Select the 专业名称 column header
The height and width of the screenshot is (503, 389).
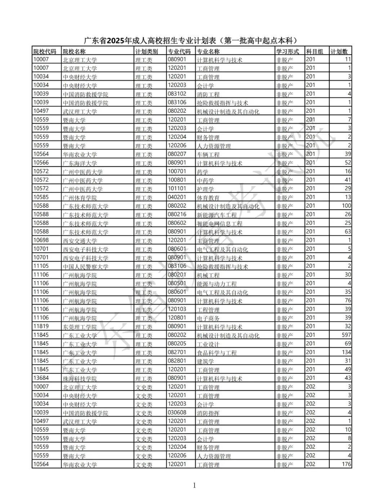[208, 51]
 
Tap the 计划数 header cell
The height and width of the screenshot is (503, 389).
[339, 51]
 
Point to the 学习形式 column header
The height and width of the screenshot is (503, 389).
[287, 51]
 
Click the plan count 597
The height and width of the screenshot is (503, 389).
[346, 335]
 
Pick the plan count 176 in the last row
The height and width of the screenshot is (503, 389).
[346, 464]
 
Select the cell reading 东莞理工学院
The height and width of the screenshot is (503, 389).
[80, 327]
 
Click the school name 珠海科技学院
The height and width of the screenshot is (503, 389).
[80, 378]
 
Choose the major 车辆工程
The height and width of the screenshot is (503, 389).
[208, 154]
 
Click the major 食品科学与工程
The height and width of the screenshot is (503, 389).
[217, 352]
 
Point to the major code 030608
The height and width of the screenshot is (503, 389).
[177, 413]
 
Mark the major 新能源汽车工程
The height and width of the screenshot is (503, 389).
[217, 215]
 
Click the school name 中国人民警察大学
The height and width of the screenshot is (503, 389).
[85, 266]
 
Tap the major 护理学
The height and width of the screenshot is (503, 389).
[205, 189]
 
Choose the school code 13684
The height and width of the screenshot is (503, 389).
[41, 378]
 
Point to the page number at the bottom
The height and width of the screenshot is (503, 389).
[194, 486]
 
